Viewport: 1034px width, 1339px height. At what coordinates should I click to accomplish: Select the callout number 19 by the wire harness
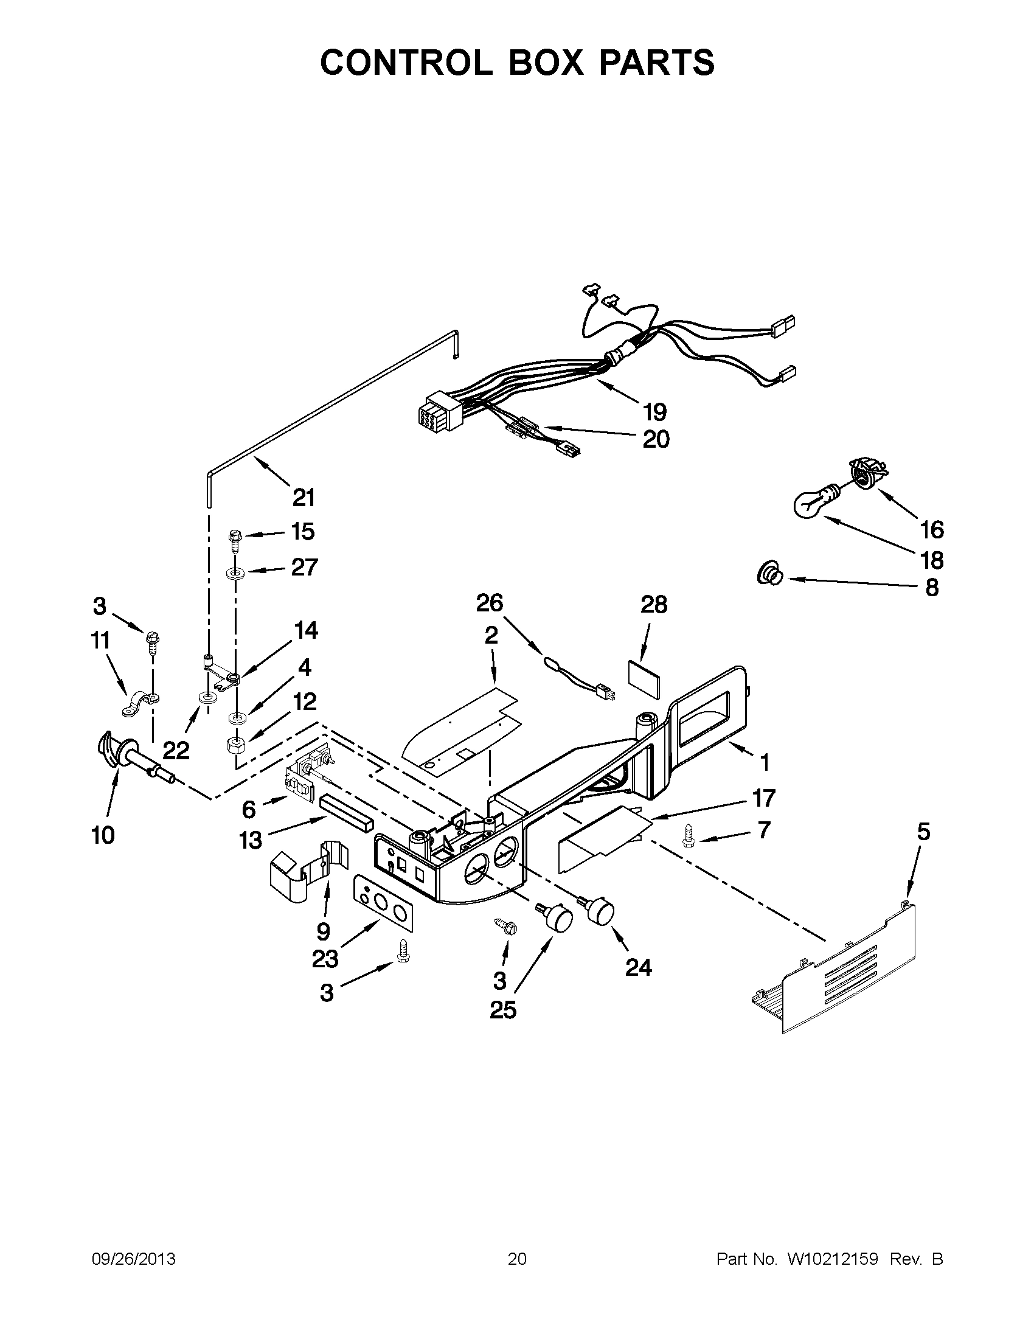point(655,412)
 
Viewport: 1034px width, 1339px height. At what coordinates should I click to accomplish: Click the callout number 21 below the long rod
point(304,497)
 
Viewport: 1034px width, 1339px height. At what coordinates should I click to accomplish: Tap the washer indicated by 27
point(235,574)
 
